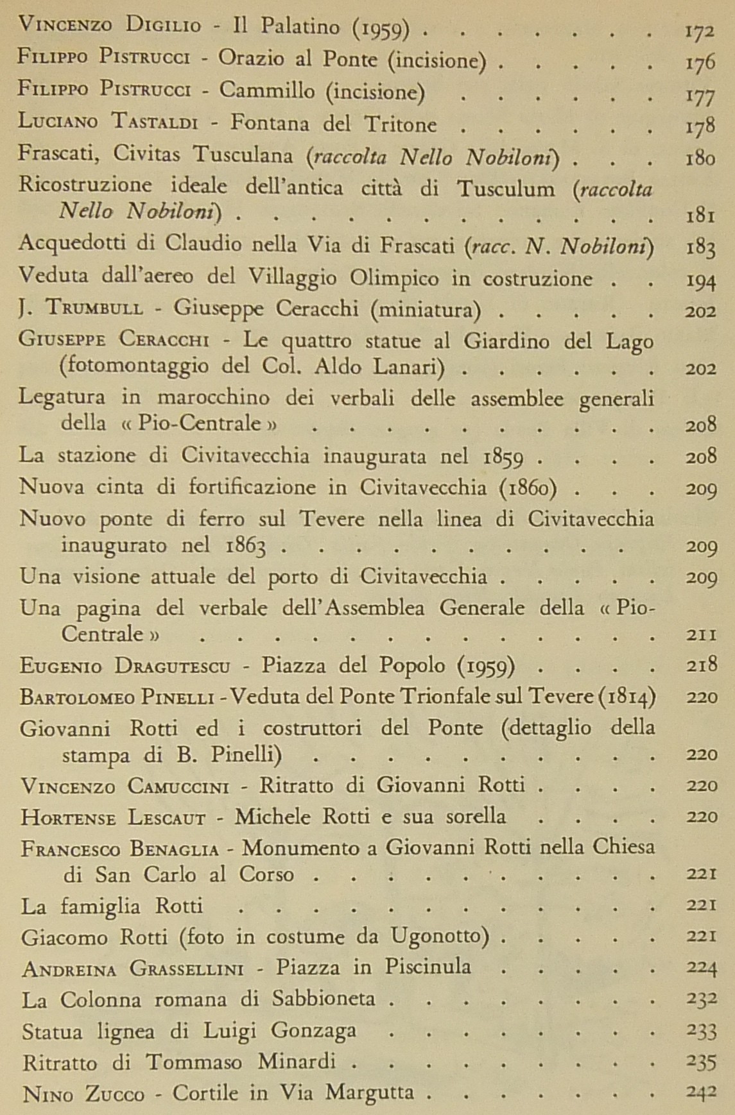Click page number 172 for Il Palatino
click(699, 30)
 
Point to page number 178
click(699, 124)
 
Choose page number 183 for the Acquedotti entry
click(699, 248)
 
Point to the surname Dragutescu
click(173, 665)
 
